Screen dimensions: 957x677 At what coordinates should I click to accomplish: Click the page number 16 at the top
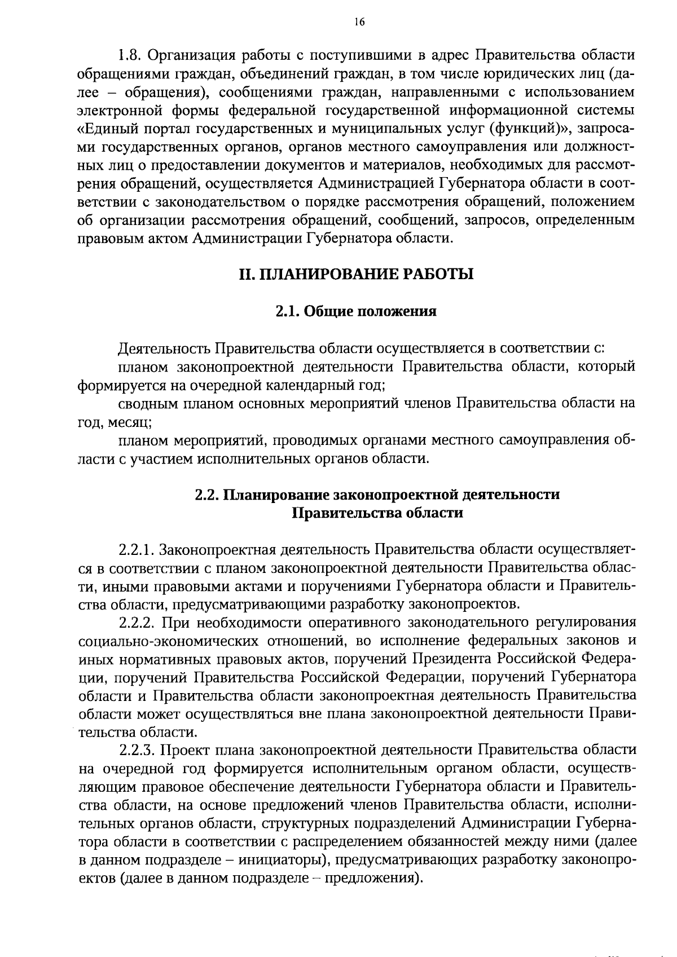(359, 22)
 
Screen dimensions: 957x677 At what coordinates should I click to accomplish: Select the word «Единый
(107, 128)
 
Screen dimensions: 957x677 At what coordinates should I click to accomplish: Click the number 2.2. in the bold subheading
(207, 495)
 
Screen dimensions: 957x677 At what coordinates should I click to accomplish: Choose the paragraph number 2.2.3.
(137, 749)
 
